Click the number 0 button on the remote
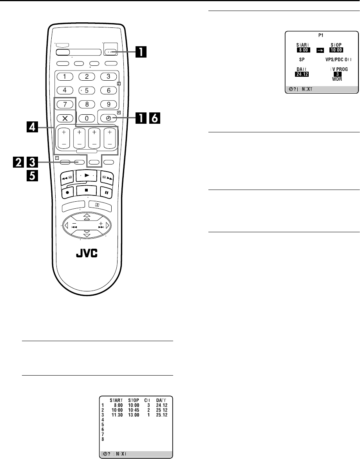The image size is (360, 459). (x=87, y=118)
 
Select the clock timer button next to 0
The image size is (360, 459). (x=109, y=118)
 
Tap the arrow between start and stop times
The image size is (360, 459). (x=319, y=50)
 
